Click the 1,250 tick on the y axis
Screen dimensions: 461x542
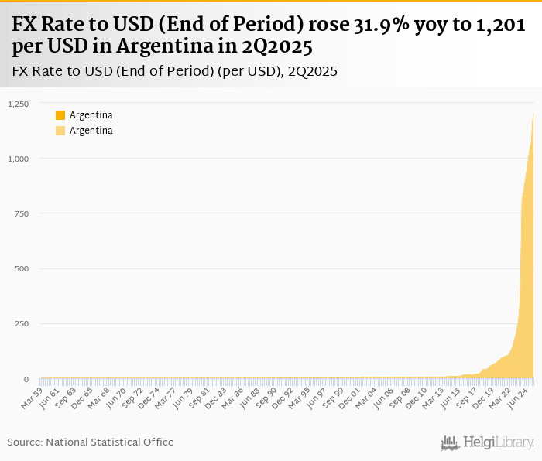point(17,104)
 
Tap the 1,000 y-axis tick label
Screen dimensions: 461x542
point(17,159)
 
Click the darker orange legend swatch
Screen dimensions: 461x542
point(60,115)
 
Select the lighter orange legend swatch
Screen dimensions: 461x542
point(60,131)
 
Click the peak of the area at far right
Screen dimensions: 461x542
point(533,115)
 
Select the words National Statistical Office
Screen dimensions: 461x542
point(110,442)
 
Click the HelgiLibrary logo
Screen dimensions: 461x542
point(488,442)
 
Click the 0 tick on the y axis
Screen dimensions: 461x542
point(26,379)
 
